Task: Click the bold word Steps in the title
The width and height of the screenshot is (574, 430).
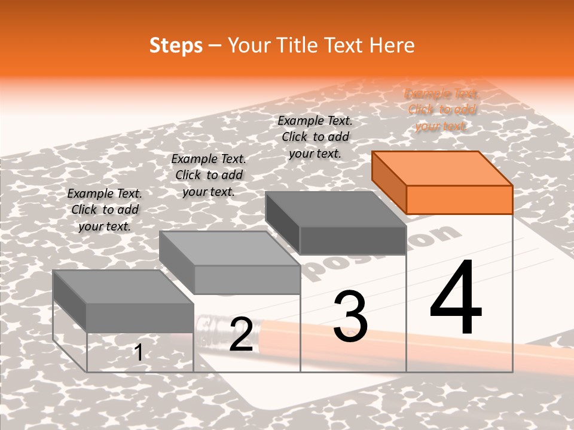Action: [x=175, y=45]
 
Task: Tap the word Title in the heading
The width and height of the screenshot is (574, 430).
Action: [x=297, y=45]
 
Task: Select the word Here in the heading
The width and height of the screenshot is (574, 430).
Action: [x=392, y=45]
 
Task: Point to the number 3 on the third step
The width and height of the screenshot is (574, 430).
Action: [x=350, y=316]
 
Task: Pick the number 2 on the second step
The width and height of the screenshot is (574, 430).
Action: [x=241, y=334]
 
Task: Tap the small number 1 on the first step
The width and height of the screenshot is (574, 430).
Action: [x=138, y=352]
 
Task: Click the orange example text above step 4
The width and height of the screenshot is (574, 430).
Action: [x=441, y=110]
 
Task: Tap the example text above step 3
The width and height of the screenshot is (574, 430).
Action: [x=315, y=137]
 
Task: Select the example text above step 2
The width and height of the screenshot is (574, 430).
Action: [x=209, y=175]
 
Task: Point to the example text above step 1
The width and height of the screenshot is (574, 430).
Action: [x=105, y=210]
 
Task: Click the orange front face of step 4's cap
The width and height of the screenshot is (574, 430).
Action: [x=459, y=199]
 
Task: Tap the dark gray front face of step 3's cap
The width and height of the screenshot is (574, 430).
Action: [x=353, y=241]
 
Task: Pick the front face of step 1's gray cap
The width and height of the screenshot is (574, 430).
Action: [x=140, y=318]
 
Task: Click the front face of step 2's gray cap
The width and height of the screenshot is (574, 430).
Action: [x=247, y=279]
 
